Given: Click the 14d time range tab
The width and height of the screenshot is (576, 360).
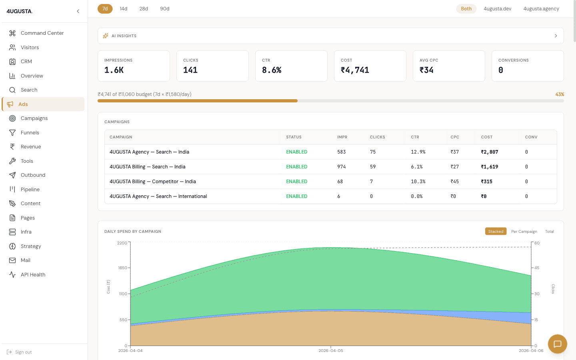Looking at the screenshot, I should [123, 9].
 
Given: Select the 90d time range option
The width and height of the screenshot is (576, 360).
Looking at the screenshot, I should [164, 9].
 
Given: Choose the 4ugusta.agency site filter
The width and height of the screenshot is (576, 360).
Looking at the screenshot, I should [541, 9].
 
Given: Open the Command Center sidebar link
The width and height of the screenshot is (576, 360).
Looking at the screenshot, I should [42, 33].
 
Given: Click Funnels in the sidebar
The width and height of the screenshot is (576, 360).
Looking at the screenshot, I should [30, 133].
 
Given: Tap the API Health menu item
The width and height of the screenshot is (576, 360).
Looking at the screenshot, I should [33, 275].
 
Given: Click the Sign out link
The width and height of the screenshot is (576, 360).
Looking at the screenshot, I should [23, 352].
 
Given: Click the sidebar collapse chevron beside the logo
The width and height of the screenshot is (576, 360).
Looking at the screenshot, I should [78, 11].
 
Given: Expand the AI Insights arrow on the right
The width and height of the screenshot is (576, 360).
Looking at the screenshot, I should [556, 36].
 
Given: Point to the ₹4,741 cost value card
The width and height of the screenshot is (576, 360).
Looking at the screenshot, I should [355, 70].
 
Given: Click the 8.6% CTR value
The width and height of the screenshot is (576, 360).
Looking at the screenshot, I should [272, 70].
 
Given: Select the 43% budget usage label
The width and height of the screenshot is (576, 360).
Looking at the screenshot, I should [559, 94].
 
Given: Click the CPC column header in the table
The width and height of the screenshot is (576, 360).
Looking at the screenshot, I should [454, 137].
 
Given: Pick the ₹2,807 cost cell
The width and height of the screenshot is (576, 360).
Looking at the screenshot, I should [489, 152].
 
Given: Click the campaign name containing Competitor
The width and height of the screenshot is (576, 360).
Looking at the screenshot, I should [152, 182].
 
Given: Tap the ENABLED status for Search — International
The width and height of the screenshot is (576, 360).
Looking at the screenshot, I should [296, 196].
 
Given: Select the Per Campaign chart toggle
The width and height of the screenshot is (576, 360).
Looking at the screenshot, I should [524, 232].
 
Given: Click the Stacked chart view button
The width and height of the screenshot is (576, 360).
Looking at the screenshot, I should [496, 232].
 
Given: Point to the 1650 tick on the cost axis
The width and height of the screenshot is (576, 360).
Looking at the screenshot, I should [122, 268].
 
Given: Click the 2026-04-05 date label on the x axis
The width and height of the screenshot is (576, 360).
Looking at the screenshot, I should [330, 351].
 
